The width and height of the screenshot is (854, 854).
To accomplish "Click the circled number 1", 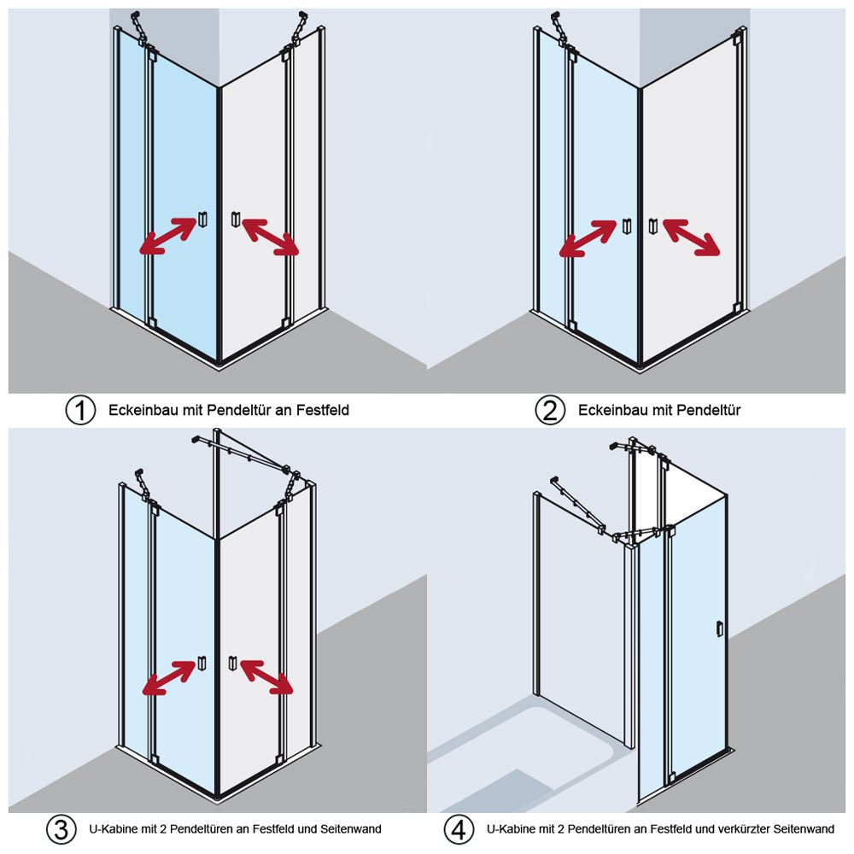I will [80, 411].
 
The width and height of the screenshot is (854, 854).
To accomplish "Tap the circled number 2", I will [550, 411].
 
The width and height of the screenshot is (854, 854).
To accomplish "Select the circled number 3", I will [59, 829].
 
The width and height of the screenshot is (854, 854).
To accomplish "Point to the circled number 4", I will [459, 829].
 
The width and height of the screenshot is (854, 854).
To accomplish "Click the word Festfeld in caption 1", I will [323, 411].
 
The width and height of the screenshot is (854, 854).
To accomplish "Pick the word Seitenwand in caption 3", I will [350, 829].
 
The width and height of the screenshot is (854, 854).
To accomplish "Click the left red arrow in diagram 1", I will [167, 237].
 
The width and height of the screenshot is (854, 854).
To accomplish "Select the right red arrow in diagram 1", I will [271, 237].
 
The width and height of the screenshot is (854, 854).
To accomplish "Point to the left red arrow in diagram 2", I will [588, 238].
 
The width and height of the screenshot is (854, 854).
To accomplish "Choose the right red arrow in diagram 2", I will [691, 237].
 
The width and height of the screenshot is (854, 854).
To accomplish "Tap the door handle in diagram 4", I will [720, 629].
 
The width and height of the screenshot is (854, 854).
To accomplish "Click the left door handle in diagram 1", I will [202, 219].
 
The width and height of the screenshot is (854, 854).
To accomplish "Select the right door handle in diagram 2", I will [654, 226].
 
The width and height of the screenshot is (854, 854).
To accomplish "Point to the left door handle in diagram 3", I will [202, 662].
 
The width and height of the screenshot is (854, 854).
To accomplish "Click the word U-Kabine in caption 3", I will [112, 829].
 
